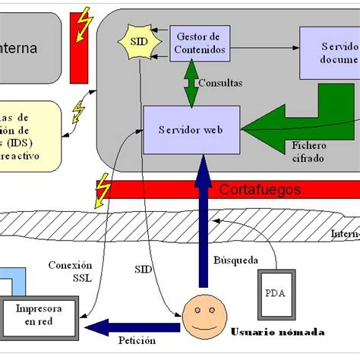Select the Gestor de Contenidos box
coord(199,43)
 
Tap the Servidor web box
coord(191,130)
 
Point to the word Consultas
coord(219,83)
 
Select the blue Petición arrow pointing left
coord(133,327)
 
